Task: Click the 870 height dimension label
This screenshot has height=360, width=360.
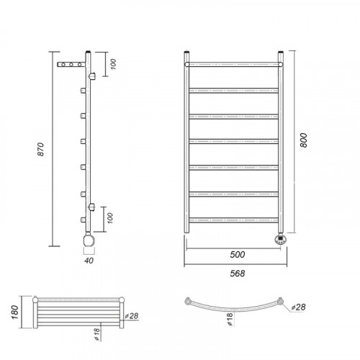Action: point(41,149)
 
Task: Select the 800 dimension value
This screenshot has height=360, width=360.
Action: point(304,140)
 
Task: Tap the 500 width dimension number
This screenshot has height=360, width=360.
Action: point(238,255)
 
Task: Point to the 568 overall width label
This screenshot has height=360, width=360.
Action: point(238,274)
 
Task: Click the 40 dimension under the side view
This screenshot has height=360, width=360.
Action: point(89,261)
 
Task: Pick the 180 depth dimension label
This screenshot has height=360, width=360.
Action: point(15,312)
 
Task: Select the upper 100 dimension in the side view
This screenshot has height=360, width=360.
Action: point(113,64)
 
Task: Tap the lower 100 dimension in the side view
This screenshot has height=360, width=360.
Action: point(110,218)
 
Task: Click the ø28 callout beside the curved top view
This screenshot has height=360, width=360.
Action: point(298,307)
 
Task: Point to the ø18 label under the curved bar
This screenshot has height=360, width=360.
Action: point(230,319)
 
